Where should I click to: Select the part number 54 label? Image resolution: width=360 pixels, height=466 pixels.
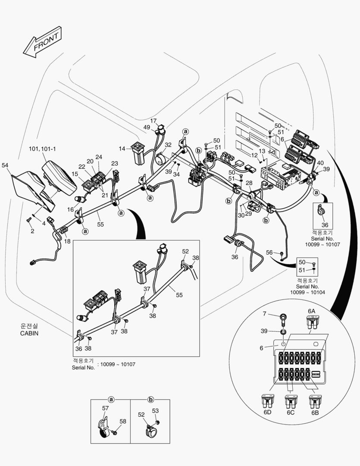[5, 165]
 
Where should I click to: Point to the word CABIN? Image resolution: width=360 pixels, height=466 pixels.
[29, 333]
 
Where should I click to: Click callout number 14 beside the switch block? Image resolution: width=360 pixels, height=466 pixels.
[122, 149]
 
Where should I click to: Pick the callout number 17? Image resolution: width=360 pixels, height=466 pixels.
[153, 121]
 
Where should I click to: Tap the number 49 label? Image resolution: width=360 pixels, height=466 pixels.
[147, 127]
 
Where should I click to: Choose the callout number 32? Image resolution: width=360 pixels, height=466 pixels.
[168, 145]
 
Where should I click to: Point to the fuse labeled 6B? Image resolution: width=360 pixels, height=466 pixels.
[316, 402]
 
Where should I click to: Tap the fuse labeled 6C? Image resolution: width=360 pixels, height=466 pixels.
[291, 402]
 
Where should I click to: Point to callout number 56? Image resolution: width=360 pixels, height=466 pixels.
[269, 252]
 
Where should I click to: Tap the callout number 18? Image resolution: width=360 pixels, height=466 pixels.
[67, 241]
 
